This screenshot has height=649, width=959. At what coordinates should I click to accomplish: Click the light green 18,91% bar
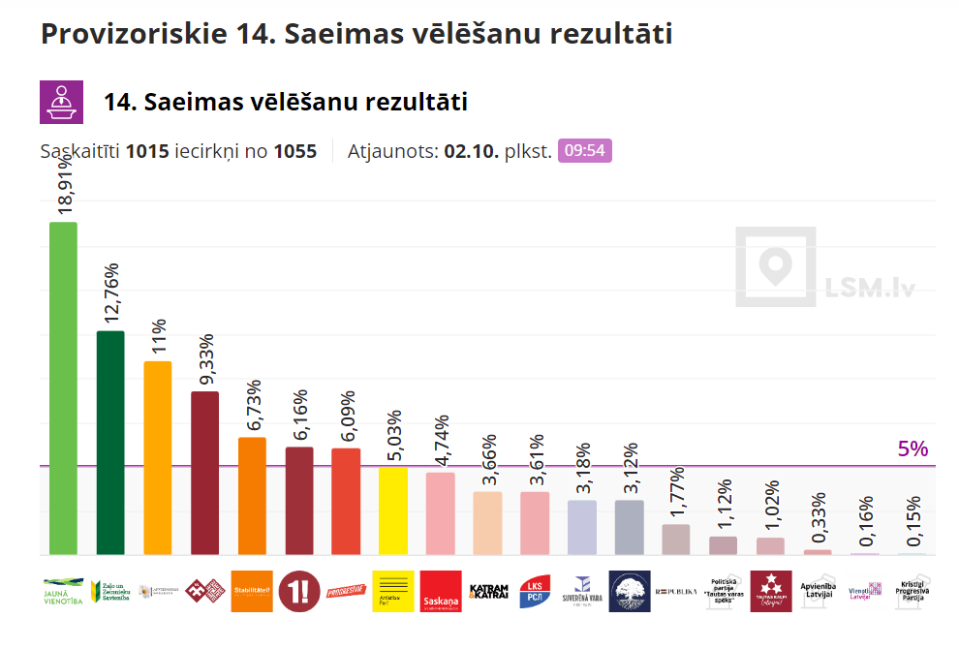coord(63,387)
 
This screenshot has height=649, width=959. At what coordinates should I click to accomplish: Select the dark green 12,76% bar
coord(110,443)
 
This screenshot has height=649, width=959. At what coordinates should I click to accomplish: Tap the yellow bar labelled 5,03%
coord(393,510)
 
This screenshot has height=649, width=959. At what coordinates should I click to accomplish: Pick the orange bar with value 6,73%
coord(252,495)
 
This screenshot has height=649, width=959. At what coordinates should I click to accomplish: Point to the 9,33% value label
coord(205,360)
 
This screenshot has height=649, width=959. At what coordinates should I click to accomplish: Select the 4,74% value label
coord(441,442)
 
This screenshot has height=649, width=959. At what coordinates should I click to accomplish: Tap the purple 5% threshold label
coord(913,449)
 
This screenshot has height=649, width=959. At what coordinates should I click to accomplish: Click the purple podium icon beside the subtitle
coord(60,102)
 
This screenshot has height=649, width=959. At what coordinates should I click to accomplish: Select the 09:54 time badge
coord(585,151)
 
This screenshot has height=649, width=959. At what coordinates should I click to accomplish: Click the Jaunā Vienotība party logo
coord(63,591)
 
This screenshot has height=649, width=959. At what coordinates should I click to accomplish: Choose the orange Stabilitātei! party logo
coord(252,591)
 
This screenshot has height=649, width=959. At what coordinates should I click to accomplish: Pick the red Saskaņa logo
coord(441,591)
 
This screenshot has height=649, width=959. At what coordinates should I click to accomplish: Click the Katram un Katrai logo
coord(487,591)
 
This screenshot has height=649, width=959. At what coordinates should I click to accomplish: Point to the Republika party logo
coord(676,591)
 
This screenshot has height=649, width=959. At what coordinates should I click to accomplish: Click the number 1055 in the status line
coord(295,152)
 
